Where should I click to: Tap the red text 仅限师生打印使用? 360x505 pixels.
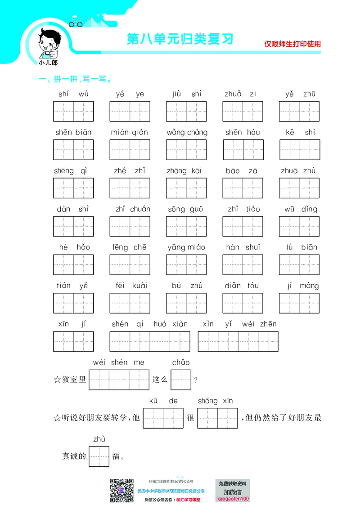pyautogui.click(x=292, y=44)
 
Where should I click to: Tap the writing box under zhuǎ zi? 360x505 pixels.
pyautogui.click(x=243, y=112)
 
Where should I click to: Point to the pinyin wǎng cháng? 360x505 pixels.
pyautogui.click(x=187, y=132)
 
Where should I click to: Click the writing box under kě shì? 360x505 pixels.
pyautogui.click(x=299, y=150)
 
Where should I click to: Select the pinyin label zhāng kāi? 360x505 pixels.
pyautogui.click(x=184, y=170)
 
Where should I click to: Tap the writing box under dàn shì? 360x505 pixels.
pyautogui.click(x=73, y=226)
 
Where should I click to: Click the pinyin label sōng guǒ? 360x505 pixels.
pyautogui.click(x=185, y=209)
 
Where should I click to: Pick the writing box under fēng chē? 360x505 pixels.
pyautogui.click(x=130, y=264)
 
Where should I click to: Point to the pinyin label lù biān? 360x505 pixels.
pyautogui.click(x=301, y=247)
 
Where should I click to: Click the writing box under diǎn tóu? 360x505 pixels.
pyautogui.click(x=243, y=303)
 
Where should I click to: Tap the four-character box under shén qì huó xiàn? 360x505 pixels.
pyautogui.click(x=150, y=341)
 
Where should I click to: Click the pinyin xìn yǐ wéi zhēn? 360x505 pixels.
pyautogui.click(x=239, y=324)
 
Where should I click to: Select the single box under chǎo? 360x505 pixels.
pyautogui.click(x=181, y=380)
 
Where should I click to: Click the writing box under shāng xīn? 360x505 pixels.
pyautogui.click(x=217, y=418)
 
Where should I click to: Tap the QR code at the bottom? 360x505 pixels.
pyautogui.click(x=122, y=491)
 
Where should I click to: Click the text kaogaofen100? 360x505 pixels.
pyautogui.click(x=233, y=499)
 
